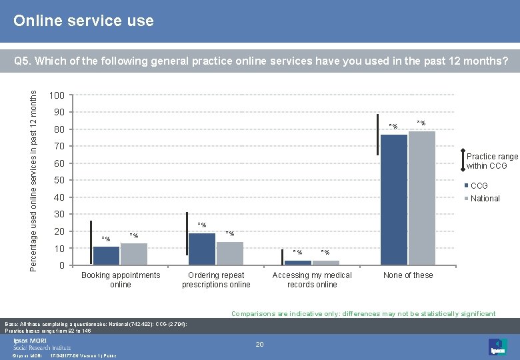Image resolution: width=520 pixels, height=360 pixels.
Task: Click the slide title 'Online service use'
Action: point(84,21)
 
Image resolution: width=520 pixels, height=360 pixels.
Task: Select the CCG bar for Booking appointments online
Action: point(106,256)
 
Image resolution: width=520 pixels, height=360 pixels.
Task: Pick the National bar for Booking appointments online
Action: point(134,254)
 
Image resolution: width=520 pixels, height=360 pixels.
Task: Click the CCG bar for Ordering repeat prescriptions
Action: point(202,249)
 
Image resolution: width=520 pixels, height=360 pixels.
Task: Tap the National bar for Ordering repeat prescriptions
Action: point(230,253)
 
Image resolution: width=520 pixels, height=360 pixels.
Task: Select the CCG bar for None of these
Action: point(393,199)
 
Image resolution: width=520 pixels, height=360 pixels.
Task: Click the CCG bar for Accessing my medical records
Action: point(298,263)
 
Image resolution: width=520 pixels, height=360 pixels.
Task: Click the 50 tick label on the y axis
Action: point(59,181)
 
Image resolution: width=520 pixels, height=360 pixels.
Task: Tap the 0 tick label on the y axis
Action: point(61,266)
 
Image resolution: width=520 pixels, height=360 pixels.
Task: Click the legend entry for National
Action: point(485,198)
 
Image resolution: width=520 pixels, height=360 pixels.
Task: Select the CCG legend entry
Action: point(479,186)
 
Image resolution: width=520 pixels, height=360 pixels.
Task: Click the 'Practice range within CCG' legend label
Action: point(491,161)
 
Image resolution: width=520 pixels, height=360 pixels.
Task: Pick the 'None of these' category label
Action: point(408,275)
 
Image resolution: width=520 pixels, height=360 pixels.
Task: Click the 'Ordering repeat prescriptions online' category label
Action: point(216,280)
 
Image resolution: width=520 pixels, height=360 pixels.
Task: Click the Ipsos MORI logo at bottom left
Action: point(41,344)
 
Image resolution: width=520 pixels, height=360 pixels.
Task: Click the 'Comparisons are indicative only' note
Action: point(363,313)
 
